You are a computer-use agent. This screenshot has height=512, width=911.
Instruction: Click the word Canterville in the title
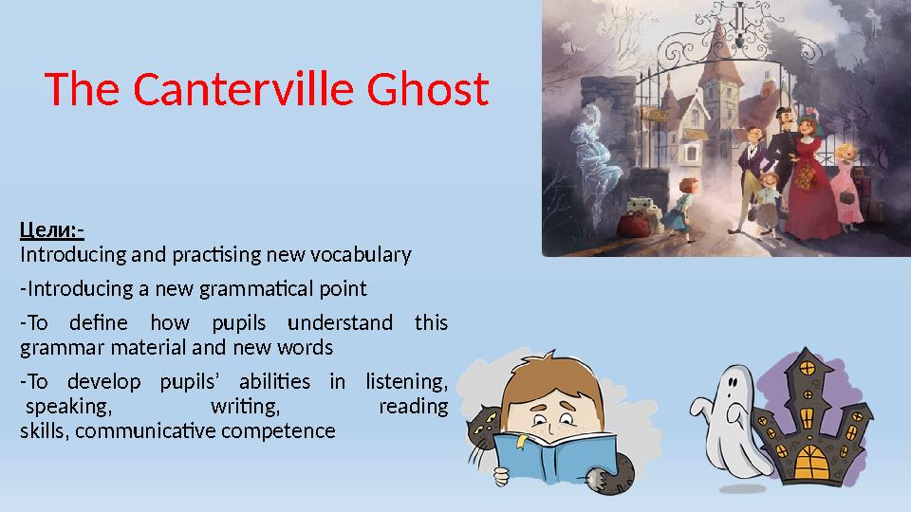tap(244, 89)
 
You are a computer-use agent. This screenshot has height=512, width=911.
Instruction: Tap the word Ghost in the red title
tap(428, 89)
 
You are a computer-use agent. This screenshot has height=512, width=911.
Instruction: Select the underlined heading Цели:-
tap(52, 230)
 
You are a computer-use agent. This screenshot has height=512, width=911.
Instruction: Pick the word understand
tap(341, 322)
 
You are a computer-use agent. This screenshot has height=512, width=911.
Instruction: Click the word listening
tap(407, 382)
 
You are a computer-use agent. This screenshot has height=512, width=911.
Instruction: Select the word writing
tap(245, 407)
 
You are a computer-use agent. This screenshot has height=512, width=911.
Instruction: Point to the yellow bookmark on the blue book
tap(521, 441)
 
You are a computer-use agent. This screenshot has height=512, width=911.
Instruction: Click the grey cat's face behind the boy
tap(484, 428)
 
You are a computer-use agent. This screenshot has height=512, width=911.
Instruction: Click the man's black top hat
tap(786, 113)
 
